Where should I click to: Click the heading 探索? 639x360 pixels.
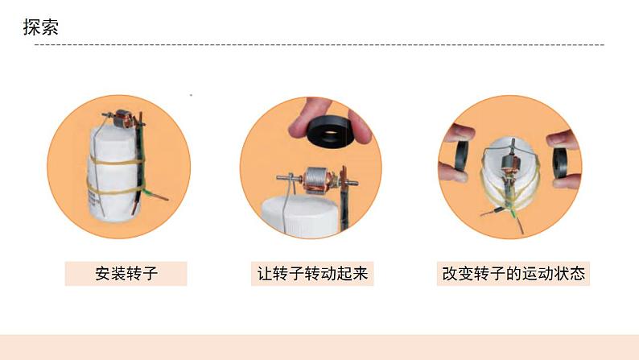41,27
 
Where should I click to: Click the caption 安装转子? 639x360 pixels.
126,273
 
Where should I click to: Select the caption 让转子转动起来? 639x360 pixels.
312,273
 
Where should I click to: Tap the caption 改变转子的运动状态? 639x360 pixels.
513,273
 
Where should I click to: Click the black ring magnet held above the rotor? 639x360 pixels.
331,132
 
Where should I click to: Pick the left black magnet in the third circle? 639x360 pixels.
461,155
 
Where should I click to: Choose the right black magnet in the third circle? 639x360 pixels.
560,163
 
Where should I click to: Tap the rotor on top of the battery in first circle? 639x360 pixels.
122,118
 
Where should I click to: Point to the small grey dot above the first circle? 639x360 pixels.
191,95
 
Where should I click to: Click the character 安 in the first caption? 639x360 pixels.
103,273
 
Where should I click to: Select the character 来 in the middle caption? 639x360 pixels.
361,273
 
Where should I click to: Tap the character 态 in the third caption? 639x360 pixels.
578,273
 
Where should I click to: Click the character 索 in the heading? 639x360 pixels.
50,27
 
